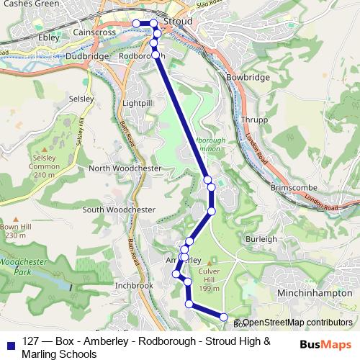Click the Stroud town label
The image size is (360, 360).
[x=179, y=22]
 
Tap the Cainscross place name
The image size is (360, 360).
[x=96, y=32]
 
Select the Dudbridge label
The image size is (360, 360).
[x=86, y=55]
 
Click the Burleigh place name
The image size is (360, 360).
[x=261, y=238]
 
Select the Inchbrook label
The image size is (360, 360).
[x=134, y=285]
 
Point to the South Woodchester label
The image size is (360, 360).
[x=119, y=210]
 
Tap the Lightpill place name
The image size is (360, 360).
[x=138, y=104]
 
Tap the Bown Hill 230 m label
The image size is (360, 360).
[x=16, y=230]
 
